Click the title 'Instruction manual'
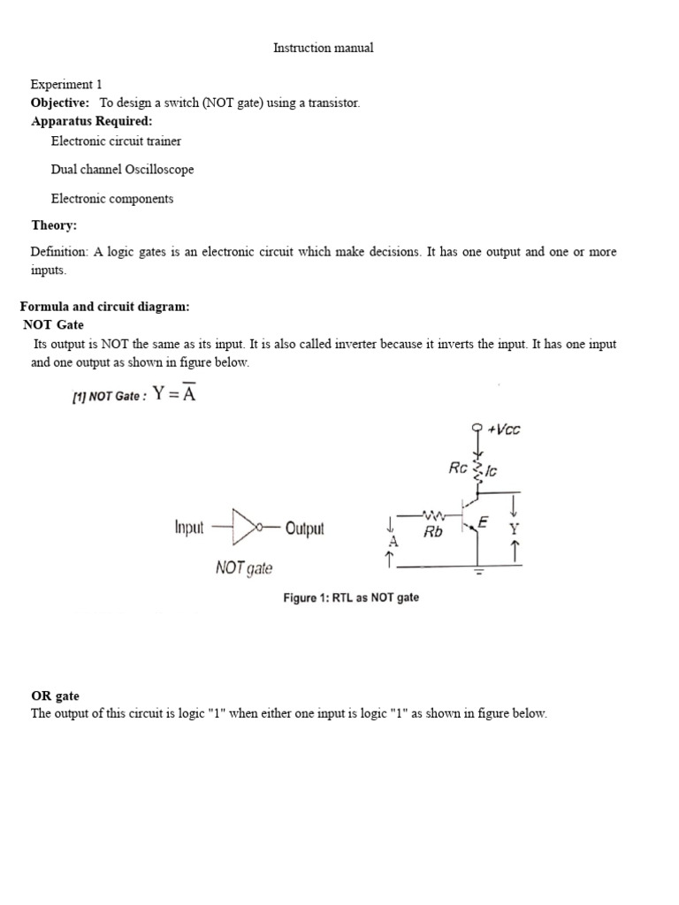click(323, 48)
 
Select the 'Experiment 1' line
click(66, 85)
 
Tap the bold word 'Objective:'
click(60, 103)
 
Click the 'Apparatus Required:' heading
click(92, 121)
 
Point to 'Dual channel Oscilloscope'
click(122, 169)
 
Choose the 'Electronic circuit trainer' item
click(116, 141)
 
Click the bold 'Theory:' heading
click(54, 225)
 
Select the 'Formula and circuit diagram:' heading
click(105, 307)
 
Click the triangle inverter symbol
click(243, 528)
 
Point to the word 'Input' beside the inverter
click(189, 529)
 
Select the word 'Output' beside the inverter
click(305, 529)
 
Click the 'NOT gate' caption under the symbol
click(244, 568)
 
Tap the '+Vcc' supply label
click(505, 430)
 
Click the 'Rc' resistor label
click(457, 468)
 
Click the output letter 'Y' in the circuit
click(515, 529)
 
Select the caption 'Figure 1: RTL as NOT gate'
click(351, 598)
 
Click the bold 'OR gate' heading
click(56, 696)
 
